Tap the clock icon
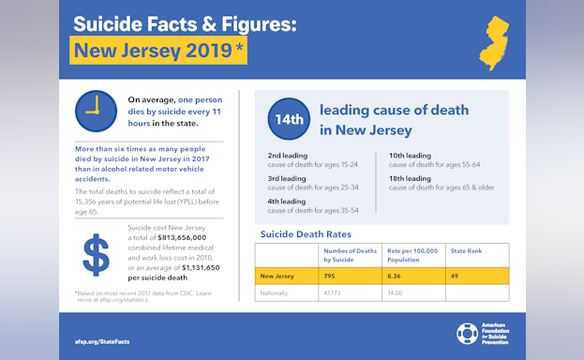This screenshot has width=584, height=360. (x=94, y=112)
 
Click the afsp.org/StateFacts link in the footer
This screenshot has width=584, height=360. (x=102, y=341)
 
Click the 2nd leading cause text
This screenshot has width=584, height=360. (x=286, y=153)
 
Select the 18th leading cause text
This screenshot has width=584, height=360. (x=410, y=177)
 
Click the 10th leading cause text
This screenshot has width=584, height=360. (x=410, y=154)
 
